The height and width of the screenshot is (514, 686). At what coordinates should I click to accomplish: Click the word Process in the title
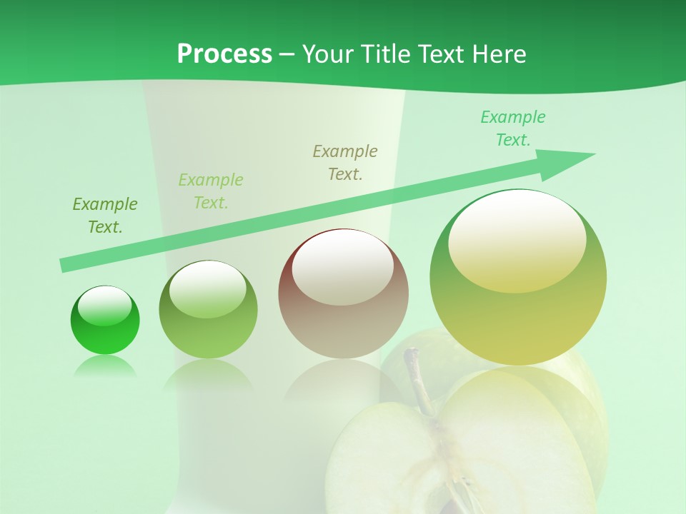(224, 54)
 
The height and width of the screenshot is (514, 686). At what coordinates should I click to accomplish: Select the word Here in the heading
(499, 54)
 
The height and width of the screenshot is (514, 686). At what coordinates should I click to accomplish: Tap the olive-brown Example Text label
(345, 163)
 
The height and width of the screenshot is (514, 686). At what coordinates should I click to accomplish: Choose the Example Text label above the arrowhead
(513, 128)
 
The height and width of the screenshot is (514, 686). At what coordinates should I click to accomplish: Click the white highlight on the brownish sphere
(343, 268)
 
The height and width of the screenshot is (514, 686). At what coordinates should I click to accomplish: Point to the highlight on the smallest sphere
(104, 306)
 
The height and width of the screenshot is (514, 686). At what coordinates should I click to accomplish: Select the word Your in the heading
(328, 54)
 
